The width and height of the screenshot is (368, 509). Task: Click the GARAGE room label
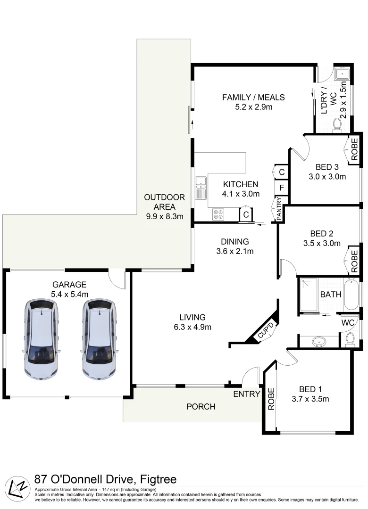pyautogui.click(x=69, y=285)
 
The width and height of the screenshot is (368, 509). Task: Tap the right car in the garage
pyautogui.click(x=99, y=339)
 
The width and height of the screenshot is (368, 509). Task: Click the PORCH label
pyautogui.click(x=201, y=406)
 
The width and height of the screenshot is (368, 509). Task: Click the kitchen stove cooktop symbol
pyautogui.click(x=218, y=214)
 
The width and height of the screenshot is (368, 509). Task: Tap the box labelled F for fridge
pyautogui.click(x=281, y=189)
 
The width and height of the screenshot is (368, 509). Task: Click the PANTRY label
pyautogui.click(x=279, y=209)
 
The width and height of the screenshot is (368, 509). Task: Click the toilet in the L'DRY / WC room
pyautogui.click(x=337, y=124)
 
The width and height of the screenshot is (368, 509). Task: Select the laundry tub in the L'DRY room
pyautogui.click(x=340, y=74)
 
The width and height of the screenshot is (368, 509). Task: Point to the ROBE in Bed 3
pyautogui.click(x=354, y=150)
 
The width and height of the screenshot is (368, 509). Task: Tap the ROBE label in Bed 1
pyautogui.click(x=271, y=399)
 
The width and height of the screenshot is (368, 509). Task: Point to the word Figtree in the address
pyautogui.click(x=155, y=480)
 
